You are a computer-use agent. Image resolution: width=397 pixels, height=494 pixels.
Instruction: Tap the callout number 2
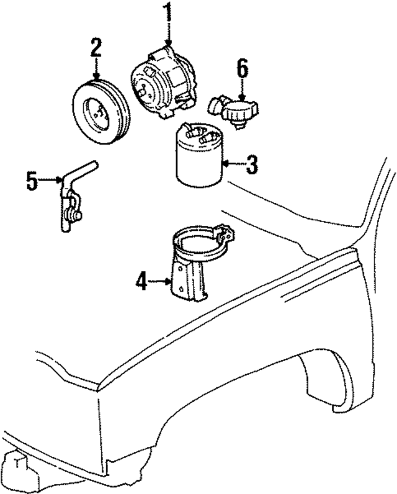click(96, 47)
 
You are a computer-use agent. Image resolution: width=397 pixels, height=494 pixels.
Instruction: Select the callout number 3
click(251, 165)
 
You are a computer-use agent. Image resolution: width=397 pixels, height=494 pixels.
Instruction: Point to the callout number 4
click(142, 282)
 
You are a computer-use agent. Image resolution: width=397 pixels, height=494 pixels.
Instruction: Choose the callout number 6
click(242, 68)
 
